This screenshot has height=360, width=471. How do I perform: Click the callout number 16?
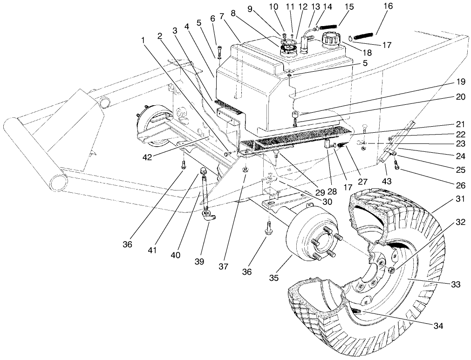click(x=388, y=6)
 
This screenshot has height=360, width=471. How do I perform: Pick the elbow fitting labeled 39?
click(x=207, y=215)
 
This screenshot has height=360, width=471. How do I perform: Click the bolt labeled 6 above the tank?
click(x=219, y=50)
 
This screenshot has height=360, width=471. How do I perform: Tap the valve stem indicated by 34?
click(x=357, y=311)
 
